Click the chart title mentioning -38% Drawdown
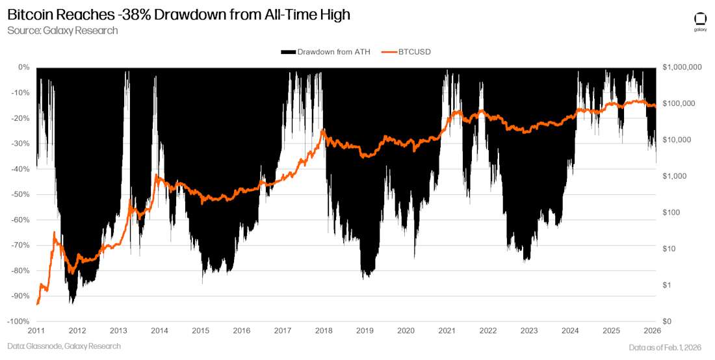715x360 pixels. click(179, 14)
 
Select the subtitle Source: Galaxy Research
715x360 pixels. click(62, 31)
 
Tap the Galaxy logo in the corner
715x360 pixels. click(700, 21)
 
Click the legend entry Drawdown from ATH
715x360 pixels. click(326, 52)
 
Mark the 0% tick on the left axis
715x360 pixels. click(23, 67)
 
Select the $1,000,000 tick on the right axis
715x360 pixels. click(681, 67)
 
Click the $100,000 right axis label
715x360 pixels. click(679, 103)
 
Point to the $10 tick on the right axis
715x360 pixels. click(669, 249)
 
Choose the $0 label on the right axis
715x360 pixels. click(668, 322)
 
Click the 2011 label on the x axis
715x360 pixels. click(36, 331)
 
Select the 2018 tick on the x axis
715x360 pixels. click(324, 331)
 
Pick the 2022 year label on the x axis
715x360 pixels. click(488, 331)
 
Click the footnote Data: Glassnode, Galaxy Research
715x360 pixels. click(64, 346)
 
